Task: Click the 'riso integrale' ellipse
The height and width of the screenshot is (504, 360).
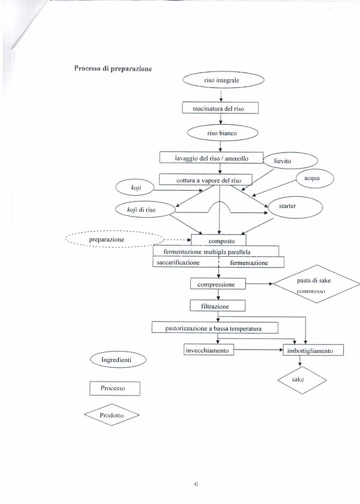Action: coord(223,80)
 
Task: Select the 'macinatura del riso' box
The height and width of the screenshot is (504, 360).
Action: coord(220,108)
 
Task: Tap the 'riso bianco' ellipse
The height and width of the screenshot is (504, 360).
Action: coord(223,133)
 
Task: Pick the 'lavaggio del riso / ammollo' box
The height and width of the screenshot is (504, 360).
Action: coord(211,158)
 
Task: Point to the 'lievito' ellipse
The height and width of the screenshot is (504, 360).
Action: coord(290,161)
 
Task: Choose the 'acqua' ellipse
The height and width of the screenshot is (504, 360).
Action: coord(314,178)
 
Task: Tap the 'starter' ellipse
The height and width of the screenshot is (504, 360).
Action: coord(295,208)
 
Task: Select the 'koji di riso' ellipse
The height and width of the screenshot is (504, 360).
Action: coord(145,209)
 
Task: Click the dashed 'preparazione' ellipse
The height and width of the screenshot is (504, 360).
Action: coord(115,239)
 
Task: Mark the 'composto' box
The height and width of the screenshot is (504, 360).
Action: coord(218,241)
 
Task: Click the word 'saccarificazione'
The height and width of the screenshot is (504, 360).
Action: coord(178,262)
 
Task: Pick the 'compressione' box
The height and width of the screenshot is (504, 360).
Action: coord(218,284)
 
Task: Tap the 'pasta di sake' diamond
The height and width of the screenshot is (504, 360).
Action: coord(317,284)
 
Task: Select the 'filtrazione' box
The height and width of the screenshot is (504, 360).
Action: coord(217,305)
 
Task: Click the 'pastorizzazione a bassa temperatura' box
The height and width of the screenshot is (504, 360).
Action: coord(215,328)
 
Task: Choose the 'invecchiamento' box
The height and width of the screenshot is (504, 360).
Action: coord(209,350)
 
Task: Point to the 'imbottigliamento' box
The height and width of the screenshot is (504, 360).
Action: coord(313,350)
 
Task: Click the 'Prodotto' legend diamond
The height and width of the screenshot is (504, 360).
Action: coord(112,415)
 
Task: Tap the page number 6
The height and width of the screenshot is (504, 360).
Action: coord(196,484)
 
